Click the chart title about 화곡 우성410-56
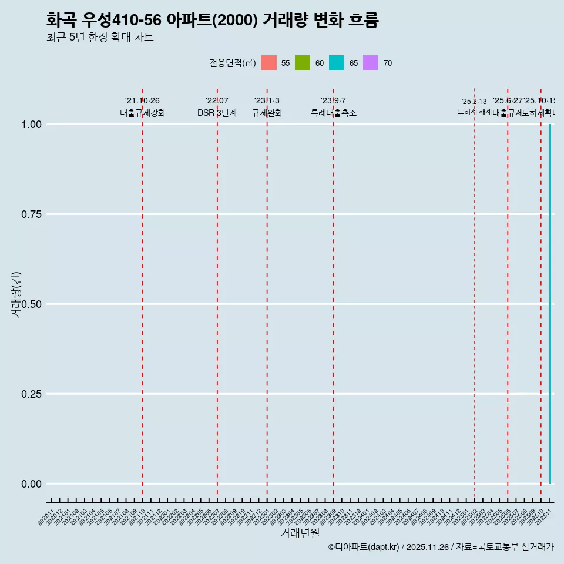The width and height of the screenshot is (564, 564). (212, 21)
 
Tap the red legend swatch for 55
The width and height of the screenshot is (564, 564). (268, 63)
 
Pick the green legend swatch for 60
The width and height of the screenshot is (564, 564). (303, 63)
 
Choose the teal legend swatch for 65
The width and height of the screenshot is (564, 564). (337, 63)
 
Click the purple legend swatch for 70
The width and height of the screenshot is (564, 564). (371, 63)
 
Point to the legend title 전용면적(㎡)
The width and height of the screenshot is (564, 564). (233, 63)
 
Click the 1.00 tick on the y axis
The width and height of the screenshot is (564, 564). (31, 125)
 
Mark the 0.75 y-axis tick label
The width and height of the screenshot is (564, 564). (31, 214)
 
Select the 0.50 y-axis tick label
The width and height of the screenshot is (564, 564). (31, 304)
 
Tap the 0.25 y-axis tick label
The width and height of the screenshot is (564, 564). (31, 394)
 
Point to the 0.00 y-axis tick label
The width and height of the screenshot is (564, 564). (31, 484)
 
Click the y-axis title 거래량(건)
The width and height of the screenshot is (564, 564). (16, 294)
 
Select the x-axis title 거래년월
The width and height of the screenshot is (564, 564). (300, 533)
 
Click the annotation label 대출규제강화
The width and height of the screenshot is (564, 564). (143, 113)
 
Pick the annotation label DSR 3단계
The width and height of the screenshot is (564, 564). (217, 113)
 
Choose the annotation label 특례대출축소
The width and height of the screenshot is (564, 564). (334, 113)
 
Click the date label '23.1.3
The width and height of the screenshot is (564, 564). (267, 100)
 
